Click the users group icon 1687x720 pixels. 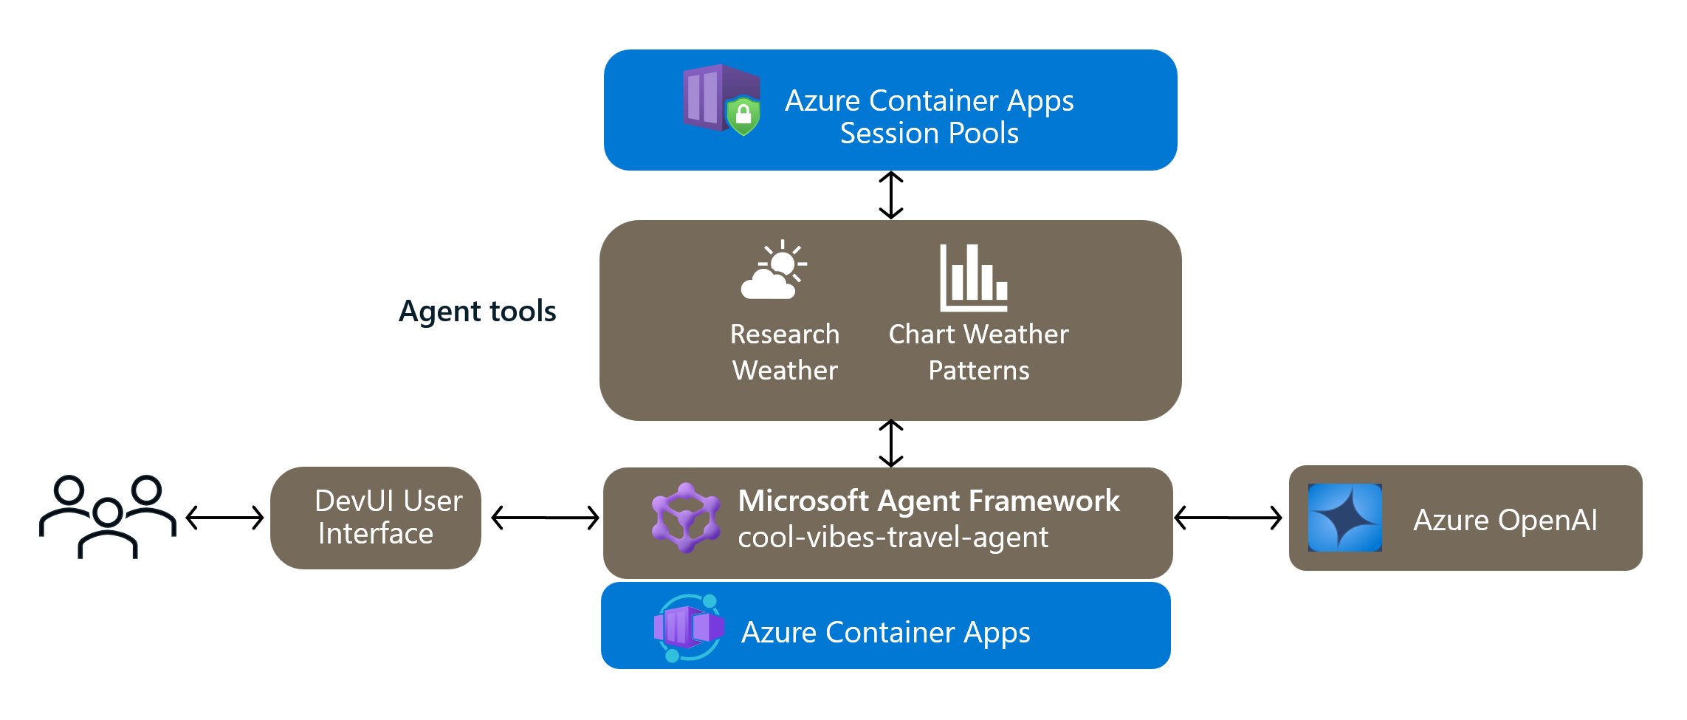108,517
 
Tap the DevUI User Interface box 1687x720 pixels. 376,518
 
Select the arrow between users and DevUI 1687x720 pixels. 224,518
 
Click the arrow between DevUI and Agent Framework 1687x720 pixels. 545,518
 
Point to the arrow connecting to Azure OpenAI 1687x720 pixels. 1228,518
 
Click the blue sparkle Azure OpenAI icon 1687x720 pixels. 1344,518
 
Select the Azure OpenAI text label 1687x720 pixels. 1505,520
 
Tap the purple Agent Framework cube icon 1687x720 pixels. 686,518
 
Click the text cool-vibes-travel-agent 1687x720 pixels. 893,538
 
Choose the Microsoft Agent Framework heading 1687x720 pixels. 929,501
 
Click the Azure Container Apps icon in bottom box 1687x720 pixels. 688,628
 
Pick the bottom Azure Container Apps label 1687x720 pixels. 885,633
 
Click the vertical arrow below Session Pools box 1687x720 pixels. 891,195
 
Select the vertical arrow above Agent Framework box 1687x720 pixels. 891,443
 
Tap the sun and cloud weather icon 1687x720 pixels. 773,271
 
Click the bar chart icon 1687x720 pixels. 973,278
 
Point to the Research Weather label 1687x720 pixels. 785,352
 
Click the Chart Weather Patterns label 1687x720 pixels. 978,352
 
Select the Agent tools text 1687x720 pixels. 477,312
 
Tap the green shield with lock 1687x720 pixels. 743,115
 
